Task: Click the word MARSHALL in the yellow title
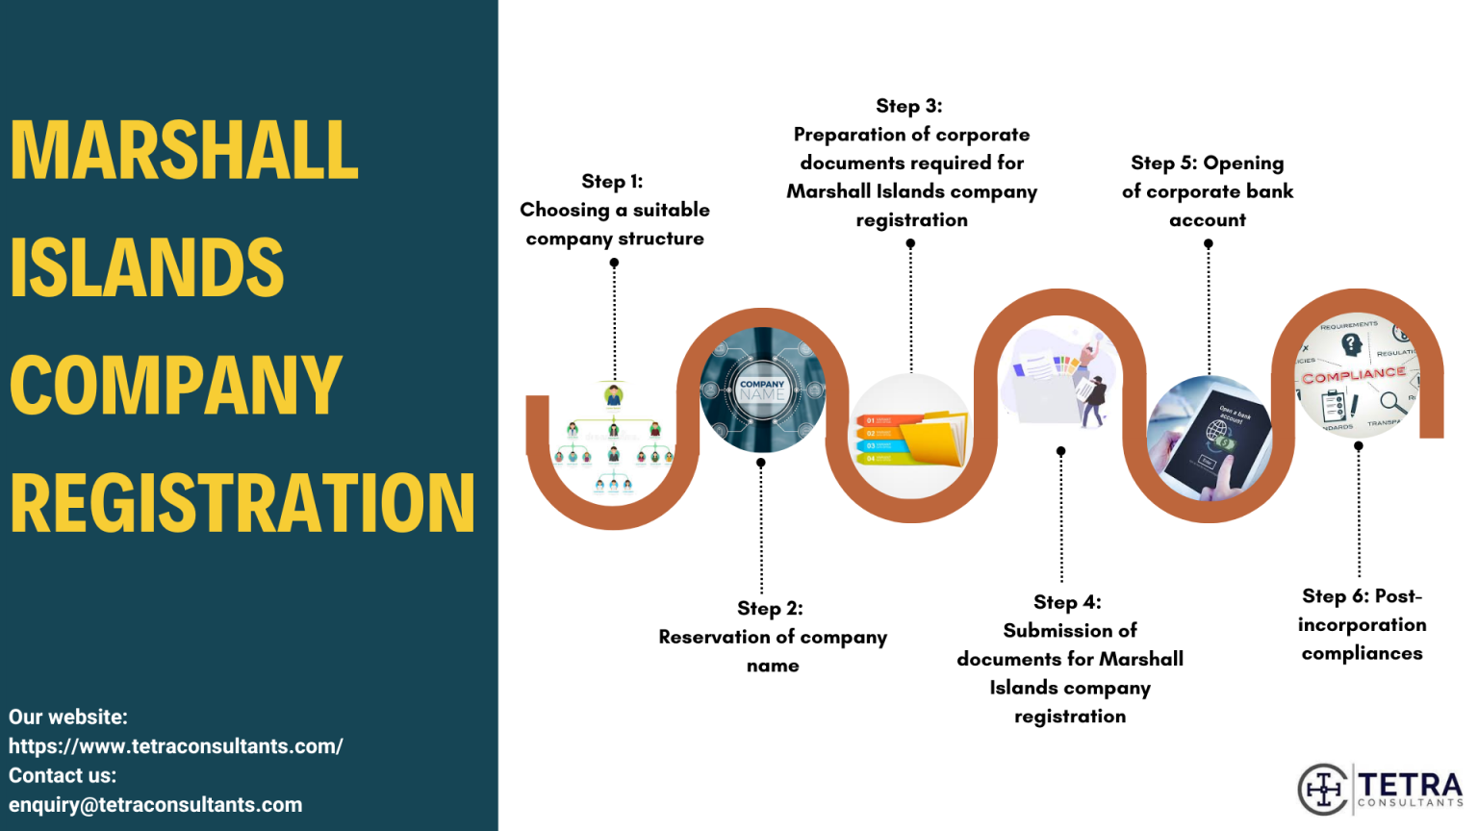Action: point(184,151)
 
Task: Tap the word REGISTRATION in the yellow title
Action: point(242,503)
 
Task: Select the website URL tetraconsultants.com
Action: point(175,746)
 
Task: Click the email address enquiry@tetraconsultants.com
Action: point(156,805)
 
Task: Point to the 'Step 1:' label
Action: point(612,181)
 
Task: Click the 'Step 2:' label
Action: point(770,608)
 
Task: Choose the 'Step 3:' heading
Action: point(908,106)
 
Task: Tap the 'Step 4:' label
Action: point(1067,602)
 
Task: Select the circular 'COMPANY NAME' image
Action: point(762,390)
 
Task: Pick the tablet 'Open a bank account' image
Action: point(1210,439)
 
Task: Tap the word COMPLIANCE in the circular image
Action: point(1354,375)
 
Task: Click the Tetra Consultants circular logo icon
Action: point(1323,790)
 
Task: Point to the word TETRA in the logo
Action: point(1410,783)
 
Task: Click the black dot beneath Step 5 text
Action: point(1209,244)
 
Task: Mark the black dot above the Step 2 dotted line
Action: point(761,463)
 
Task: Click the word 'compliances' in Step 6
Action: point(1362,654)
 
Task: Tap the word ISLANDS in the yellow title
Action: point(147,268)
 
